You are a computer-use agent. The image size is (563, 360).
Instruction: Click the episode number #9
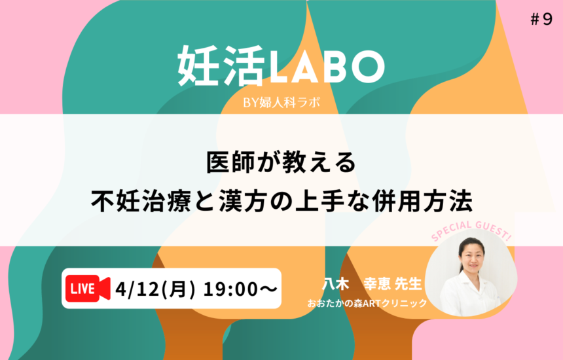click(541, 20)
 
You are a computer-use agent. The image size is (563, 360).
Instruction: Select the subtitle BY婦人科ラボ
click(281, 103)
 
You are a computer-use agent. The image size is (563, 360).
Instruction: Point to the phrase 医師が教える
click(281, 162)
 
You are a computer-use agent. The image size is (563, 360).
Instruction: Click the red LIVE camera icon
click(88, 289)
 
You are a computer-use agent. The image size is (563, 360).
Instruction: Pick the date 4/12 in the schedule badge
click(137, 289)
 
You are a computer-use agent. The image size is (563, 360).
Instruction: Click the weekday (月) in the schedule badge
click(177, 289)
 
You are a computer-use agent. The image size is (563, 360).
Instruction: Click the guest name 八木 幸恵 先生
click(372, 283)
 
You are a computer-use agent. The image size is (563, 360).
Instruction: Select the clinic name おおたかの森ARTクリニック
click(367, 303)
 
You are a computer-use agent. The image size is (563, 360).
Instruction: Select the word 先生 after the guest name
click(409, 283)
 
